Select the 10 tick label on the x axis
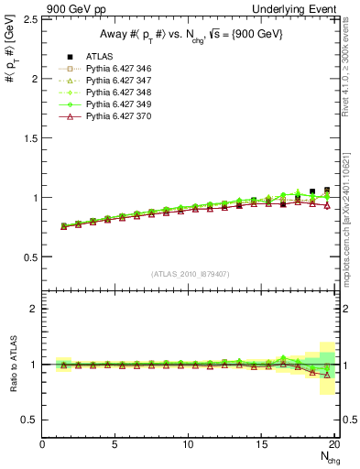point(189,445)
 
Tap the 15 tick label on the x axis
point(262,445)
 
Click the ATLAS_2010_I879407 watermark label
point(190,273)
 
